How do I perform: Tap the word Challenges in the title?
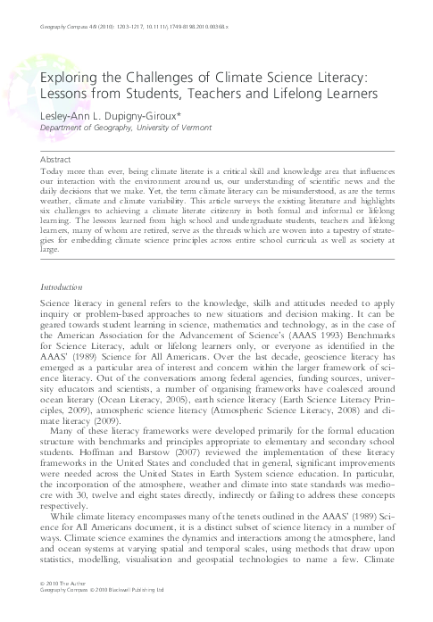coord(164,79)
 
